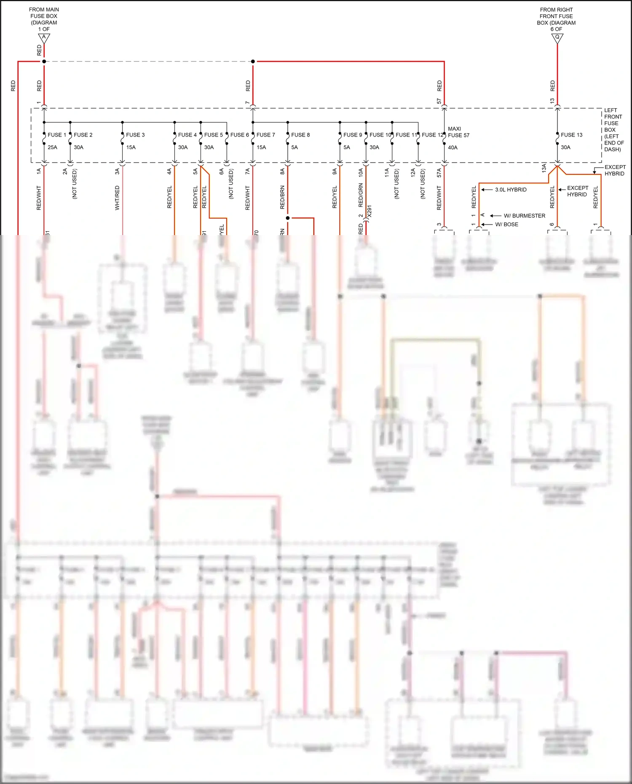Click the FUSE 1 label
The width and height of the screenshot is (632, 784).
tap(56, 135)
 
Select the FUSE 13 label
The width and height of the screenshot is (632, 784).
tap(571, 135)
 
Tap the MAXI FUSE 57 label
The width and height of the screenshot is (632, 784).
tap(458, 132)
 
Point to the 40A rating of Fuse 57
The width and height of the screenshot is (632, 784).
tap(453, 147)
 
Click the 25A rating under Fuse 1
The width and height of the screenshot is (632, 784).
tap(52, 147)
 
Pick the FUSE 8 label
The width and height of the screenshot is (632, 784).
tap(300, 135)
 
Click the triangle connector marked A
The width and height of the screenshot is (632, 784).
tap(44, 38)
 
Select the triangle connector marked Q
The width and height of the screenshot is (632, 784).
tap(557, 38)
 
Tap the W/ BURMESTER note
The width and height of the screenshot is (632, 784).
tap(524, 216)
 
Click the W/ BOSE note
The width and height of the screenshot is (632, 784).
tap(506, 225)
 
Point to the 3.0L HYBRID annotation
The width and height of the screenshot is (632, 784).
tap(511, 190)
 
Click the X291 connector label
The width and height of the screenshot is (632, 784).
tap(370, 211)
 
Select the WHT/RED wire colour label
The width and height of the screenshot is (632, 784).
tap(117, 198)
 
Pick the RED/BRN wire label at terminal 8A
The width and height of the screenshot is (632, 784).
tap(282, 197)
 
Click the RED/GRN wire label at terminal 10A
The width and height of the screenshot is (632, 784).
tap(361, 195)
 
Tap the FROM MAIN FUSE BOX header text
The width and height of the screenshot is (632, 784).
tap(44, 19)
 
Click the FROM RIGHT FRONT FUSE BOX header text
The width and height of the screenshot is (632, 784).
tap(556, 19)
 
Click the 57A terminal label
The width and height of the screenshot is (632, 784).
tap(439, 172)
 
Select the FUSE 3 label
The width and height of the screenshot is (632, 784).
tap(135, 135)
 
